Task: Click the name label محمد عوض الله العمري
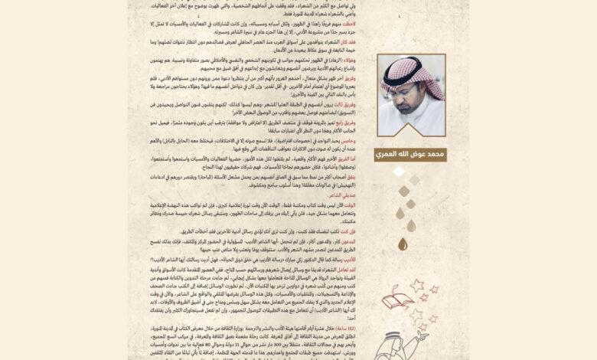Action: (x=410, y=155)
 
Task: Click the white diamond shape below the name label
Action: (x=399, y=172)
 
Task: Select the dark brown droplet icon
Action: (x=403, y=244)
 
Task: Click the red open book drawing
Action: (x=397, y=297)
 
